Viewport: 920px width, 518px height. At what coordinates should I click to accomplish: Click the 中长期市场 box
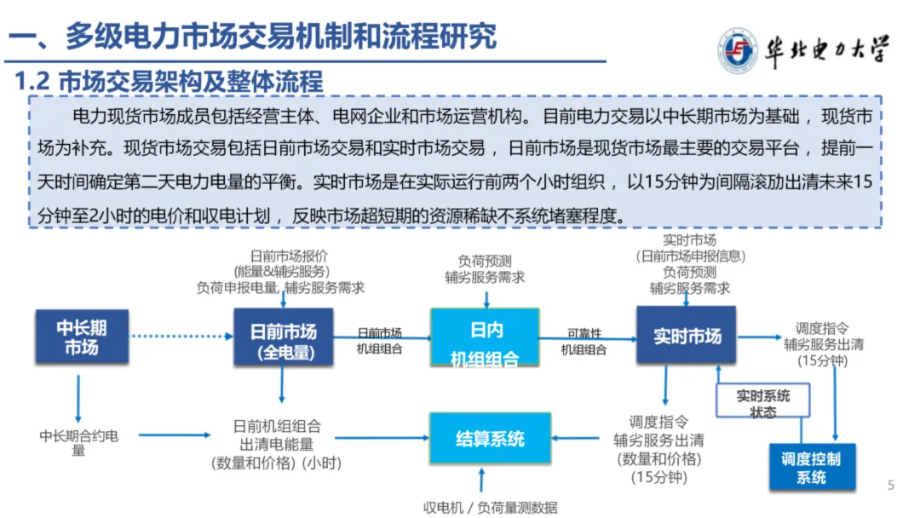tap(82, 337)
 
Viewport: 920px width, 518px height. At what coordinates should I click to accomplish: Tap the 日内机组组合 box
tap(485, 338)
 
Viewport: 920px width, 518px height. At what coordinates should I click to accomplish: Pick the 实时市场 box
tap(687, 337)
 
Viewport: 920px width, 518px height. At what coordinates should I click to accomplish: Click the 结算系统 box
tap(490, 439)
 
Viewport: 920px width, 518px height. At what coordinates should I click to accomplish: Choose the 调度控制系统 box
tap(811, 467)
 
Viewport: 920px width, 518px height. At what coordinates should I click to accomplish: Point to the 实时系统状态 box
tap(762, 403)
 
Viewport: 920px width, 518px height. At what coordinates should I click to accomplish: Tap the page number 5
tap(891, 486)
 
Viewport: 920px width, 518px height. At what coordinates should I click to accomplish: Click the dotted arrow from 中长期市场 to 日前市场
tap(181, 337)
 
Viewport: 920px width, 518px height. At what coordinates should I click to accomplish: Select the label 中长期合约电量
tap(78, 442)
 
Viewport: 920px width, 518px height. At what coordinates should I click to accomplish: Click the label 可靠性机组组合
tap(584, 341)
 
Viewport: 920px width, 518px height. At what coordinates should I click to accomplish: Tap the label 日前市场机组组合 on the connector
tap(379, 341)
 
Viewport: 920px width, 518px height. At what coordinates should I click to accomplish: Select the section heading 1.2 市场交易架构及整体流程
tap(170, 82)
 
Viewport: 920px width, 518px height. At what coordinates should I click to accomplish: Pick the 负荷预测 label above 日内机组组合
tap(485, 262)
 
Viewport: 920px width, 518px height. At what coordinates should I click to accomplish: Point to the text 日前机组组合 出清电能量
tap(277, 434)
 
